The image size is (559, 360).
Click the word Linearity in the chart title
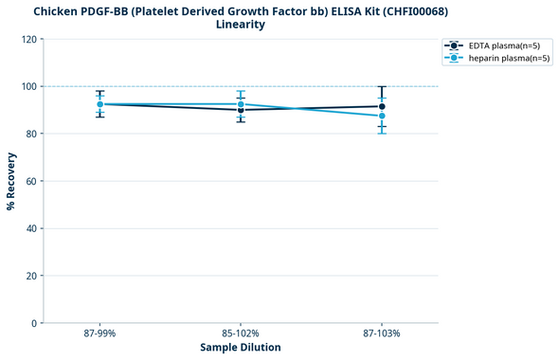click(x=240, y=25)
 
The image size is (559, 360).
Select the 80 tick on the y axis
click(x=31, y=134)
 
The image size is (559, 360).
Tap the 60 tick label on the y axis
click(x=31, y=181)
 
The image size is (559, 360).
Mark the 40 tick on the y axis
click(x=31, y=228)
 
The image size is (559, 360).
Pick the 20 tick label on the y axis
click(x=31, y=276)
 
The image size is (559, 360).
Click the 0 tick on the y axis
click(x=34, y=323)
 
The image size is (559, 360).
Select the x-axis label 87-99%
click(x=99, y=333)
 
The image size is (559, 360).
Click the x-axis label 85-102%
click(x=241, y=333)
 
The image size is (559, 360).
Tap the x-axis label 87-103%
click(x=382, y=333)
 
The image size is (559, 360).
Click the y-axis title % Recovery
click(x=11, y=181)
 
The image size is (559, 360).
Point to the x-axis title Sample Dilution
click(x=241, y=348)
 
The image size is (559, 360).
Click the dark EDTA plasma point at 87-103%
click(x=382, y=106)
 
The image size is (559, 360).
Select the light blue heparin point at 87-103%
click(x=382, y=116)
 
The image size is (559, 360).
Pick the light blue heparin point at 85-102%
click(x=241, y=104)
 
